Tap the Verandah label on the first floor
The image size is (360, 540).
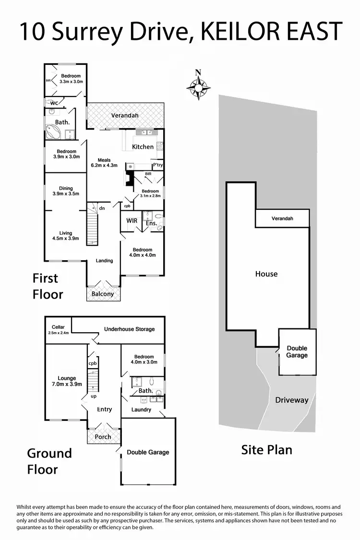click(125, 116)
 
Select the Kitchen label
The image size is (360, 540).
click(143, 147)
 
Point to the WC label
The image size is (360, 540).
click(54, 103)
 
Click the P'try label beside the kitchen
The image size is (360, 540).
click(157, 165)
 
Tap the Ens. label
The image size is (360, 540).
click(151, 223)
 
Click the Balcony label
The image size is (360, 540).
click(103, 294)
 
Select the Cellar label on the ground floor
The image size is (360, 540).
click(58, 327)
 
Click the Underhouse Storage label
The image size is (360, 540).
click(130, 329)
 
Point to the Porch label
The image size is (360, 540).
click(103, 437)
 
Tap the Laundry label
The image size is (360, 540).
click(141, 409)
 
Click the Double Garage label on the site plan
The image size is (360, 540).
click(297, 352)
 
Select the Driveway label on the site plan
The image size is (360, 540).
click(291, 400)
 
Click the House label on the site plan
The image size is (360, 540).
click(266, 274)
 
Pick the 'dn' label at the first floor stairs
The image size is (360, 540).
click(102, 208)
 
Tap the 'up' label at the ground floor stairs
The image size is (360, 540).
click(94, 396)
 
